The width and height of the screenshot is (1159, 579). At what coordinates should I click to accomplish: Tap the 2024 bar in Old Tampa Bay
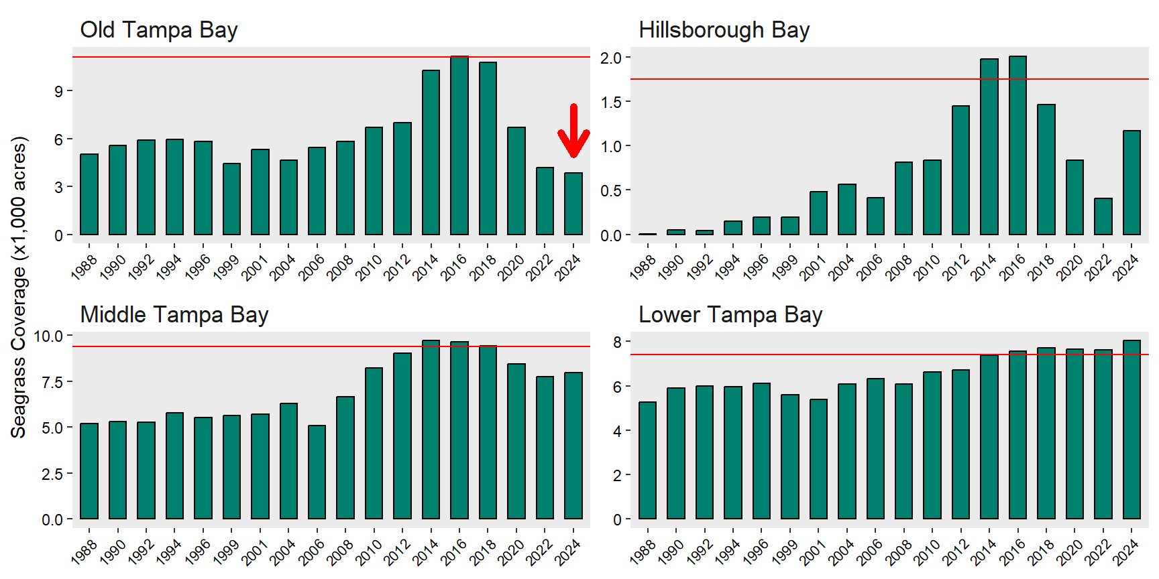coord(573,204)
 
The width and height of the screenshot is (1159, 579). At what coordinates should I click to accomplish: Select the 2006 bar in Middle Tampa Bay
coord(317,472)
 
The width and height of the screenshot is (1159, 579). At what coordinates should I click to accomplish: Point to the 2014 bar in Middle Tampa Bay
coord(431,430)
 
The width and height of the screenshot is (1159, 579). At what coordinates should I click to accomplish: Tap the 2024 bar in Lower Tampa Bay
coord(1132,430)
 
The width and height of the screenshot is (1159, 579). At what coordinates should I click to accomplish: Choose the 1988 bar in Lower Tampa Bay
coord(647,460)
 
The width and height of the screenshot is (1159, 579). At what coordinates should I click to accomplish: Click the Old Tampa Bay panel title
coord(159,30)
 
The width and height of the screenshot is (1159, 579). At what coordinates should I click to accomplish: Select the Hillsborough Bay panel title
coord(724,30)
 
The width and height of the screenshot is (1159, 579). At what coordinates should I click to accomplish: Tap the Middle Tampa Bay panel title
coord(174,315)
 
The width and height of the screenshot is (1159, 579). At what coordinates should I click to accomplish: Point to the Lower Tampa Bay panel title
coord(730,315)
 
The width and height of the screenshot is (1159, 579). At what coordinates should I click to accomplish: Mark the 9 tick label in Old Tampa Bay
coord(59,91)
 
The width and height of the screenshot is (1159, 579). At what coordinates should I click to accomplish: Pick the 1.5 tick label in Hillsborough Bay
coord(610,102)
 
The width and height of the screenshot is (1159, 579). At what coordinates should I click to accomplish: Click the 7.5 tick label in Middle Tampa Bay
coord(52,382)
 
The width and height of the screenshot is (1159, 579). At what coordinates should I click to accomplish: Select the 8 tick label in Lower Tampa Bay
coord(617,342)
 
